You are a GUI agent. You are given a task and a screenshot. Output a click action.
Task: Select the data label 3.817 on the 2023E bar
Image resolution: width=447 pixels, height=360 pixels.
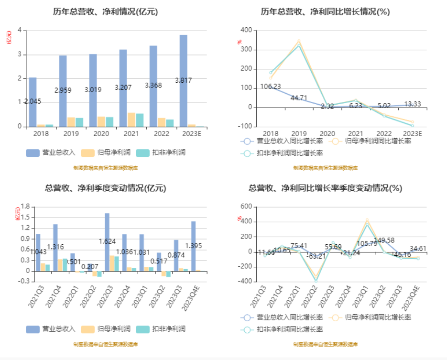tap(183, 80)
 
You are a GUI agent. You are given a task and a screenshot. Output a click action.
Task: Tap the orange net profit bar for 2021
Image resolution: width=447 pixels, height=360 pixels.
tap(131, 120)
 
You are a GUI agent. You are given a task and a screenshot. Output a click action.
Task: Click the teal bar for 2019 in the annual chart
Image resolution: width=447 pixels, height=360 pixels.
tap(79, 122)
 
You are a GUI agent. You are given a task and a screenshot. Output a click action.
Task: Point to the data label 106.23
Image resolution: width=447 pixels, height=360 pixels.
tap(270, 87)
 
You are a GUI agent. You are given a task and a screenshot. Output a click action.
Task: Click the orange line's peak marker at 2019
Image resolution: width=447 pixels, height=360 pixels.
tap(299, 41)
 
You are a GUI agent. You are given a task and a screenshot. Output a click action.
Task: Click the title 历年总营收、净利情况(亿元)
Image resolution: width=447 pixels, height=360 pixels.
tap(105, 12)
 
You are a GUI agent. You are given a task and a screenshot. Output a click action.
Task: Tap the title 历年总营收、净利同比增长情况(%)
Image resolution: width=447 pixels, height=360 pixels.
tap(325, 12)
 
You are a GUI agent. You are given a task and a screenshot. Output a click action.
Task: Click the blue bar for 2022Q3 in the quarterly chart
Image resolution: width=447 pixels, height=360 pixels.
tap(107, 242)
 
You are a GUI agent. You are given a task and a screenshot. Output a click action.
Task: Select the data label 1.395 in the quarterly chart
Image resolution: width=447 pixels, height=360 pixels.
tap(194, 246)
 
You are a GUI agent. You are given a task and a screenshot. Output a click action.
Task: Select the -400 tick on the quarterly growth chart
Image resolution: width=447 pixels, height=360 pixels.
tap(244, 282)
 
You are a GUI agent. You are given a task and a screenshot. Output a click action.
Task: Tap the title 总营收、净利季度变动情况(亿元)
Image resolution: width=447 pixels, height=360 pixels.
tap(105, 188)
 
